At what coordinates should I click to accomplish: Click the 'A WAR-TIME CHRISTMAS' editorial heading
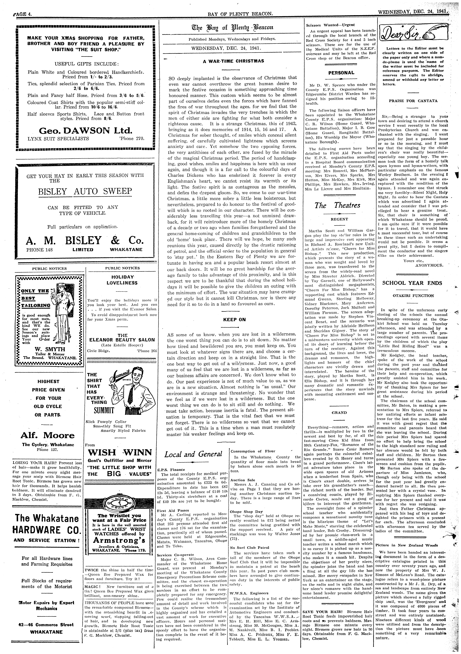233,61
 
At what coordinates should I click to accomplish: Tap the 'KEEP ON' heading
234,320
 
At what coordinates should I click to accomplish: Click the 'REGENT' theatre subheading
339,219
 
